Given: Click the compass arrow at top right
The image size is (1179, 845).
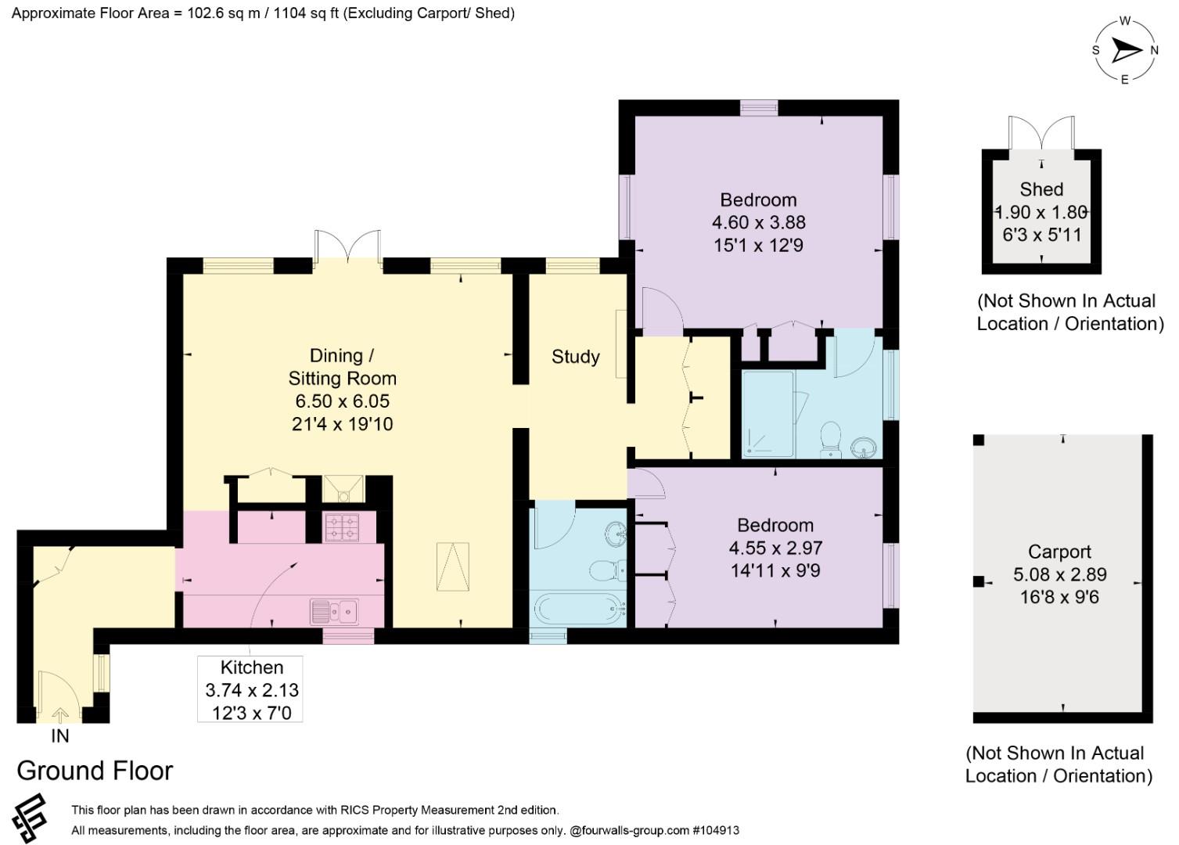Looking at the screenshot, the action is [1127, 51].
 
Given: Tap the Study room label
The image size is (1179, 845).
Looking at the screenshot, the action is [575, 357].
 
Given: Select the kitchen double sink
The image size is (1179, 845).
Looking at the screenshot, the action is [334, 612].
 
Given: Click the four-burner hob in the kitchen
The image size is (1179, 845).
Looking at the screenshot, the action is [342, 527].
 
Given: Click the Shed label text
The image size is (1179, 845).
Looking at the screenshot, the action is [1041, 189].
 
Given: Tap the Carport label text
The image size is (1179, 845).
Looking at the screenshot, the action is [1059, 552].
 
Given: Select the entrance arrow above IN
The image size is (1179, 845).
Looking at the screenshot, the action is [60, 715].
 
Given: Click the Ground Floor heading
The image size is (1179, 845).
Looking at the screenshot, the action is [95, 771].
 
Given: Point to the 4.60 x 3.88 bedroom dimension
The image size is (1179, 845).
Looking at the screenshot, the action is [758, 223].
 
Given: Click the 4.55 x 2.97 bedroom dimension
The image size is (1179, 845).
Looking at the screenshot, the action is [775, 548].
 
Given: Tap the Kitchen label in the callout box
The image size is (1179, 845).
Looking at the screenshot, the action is [252, 667].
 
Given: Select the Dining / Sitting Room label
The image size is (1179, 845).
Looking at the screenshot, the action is [342, 367].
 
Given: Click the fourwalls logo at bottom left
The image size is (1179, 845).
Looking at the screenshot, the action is [31, 818].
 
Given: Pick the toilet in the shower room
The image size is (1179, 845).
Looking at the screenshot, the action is [831, 439].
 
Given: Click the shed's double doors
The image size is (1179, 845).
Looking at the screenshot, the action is [1041, 133].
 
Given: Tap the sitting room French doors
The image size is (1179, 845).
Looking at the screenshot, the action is [348, 246].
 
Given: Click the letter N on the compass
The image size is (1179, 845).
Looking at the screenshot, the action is [1154, 51].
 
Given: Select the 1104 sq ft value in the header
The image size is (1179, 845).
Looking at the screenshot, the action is [306, 13].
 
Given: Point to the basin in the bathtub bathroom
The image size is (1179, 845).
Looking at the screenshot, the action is [616, 534].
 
